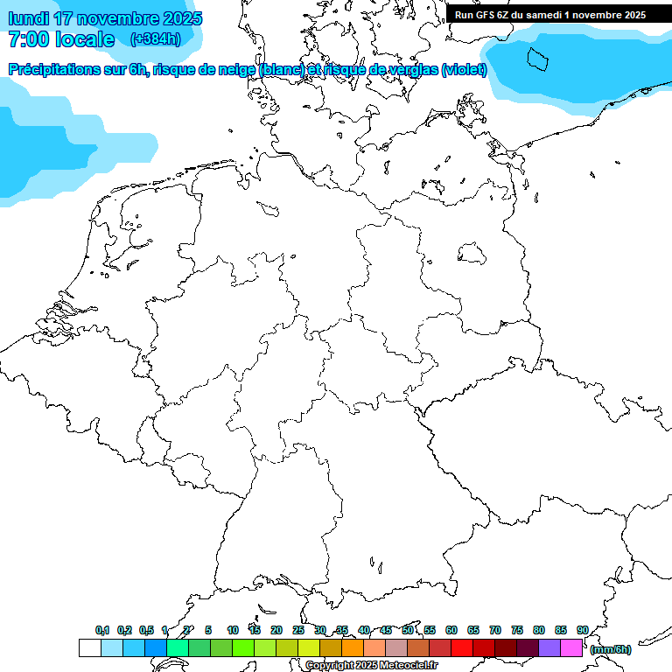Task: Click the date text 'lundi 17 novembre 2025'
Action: click(x=105, y=18)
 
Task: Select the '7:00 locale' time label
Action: click(x=61, y=39)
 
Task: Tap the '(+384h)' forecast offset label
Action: click(x=155, y=39)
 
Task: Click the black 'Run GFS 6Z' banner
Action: click(x=550, y=14)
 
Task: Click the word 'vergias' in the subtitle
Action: click(x=411, y=70)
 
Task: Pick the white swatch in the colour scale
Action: click(x=89, y=648)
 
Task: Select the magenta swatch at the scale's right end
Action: click(x=571, y=648)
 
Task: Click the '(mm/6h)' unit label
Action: click(x=610, y=649)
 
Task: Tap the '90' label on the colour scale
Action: click(x=582, y=630)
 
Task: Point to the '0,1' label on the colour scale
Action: click(x=102, y=630)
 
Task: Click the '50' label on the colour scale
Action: click(x=408, y=630)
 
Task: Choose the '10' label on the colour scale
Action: click(x=233, y=630)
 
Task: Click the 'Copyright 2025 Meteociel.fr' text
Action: click(x=371, y=666)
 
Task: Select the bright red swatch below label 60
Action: click(x=462, y=648)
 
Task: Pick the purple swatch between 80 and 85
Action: click(x=549, y=648)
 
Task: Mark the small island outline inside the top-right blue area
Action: click(x=536, y=59)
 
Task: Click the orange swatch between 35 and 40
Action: click(x=353, y=648)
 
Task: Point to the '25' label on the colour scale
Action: click(x=298, y=630)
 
